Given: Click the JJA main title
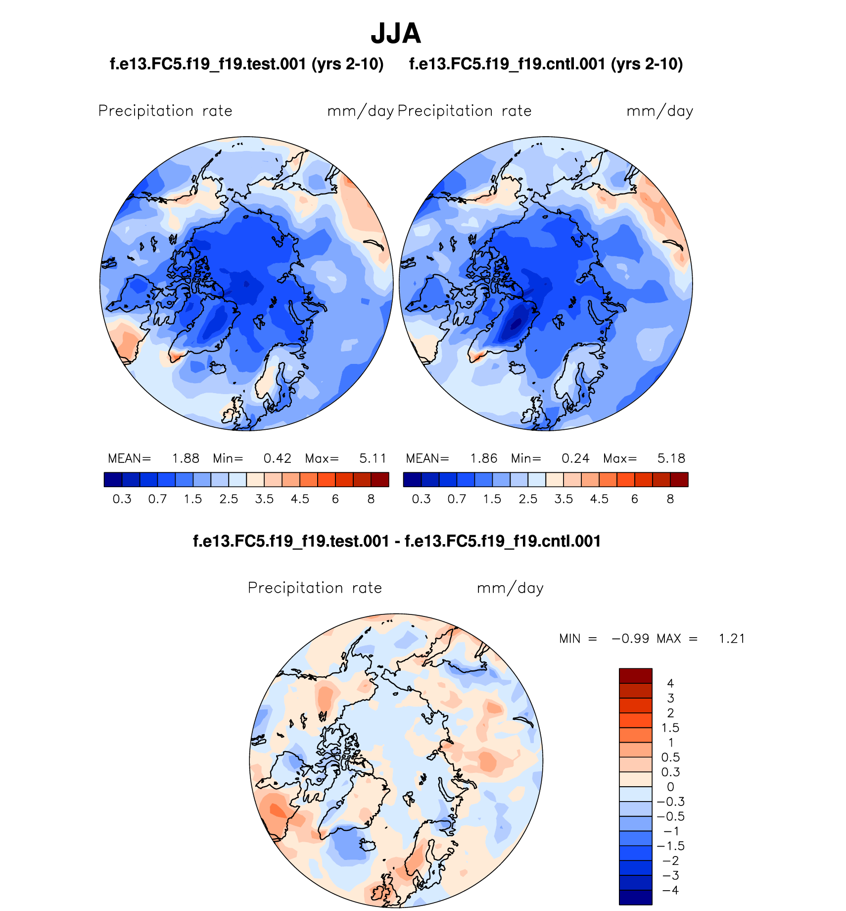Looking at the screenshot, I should pyautogui.click(x=396, y=34).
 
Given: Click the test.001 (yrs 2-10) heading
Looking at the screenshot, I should pyautogui.click(x=246, y=64).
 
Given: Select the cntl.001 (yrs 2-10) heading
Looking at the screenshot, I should pyautogui.click(x=546, y=64).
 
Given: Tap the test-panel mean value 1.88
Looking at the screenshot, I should pyautogui.click(x=186, y=458).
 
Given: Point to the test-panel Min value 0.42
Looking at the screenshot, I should pyautogui.click(x=277, y=458).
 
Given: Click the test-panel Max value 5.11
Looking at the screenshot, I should pyautogui.click(x=373, y=458).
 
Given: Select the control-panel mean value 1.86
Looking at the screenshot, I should pyautogui.click(x=483, y=458).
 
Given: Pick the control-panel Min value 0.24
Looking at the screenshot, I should pyautogui.click(x=575, y=458).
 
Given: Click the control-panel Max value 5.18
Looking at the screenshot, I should pyautogui.click(x=671, y=458).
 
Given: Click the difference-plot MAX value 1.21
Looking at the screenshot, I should pyautogui.click(x=732, y=639).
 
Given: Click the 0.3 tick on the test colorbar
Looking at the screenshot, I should pyautogui.click(x=122, y=499).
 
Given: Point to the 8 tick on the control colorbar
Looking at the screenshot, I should pyautogui.click(x=670, y=499).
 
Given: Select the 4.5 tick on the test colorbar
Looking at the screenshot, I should pyautogui.click(x=300, y=499).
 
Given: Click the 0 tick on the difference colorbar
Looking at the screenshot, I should pyautogui.click(x=670, y=787).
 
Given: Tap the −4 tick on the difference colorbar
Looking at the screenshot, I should pyautogui.click(x=670, y=890).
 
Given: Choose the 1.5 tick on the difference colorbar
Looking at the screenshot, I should pyautogui.click(x=670, y=728).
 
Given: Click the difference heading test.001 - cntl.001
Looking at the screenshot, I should pyautogui.click(x=397, y=541).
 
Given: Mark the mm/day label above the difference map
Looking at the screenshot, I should pyautogui.click(x=510, y=588).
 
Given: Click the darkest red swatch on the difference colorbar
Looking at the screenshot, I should pyautogui.click(x=635, y=676).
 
